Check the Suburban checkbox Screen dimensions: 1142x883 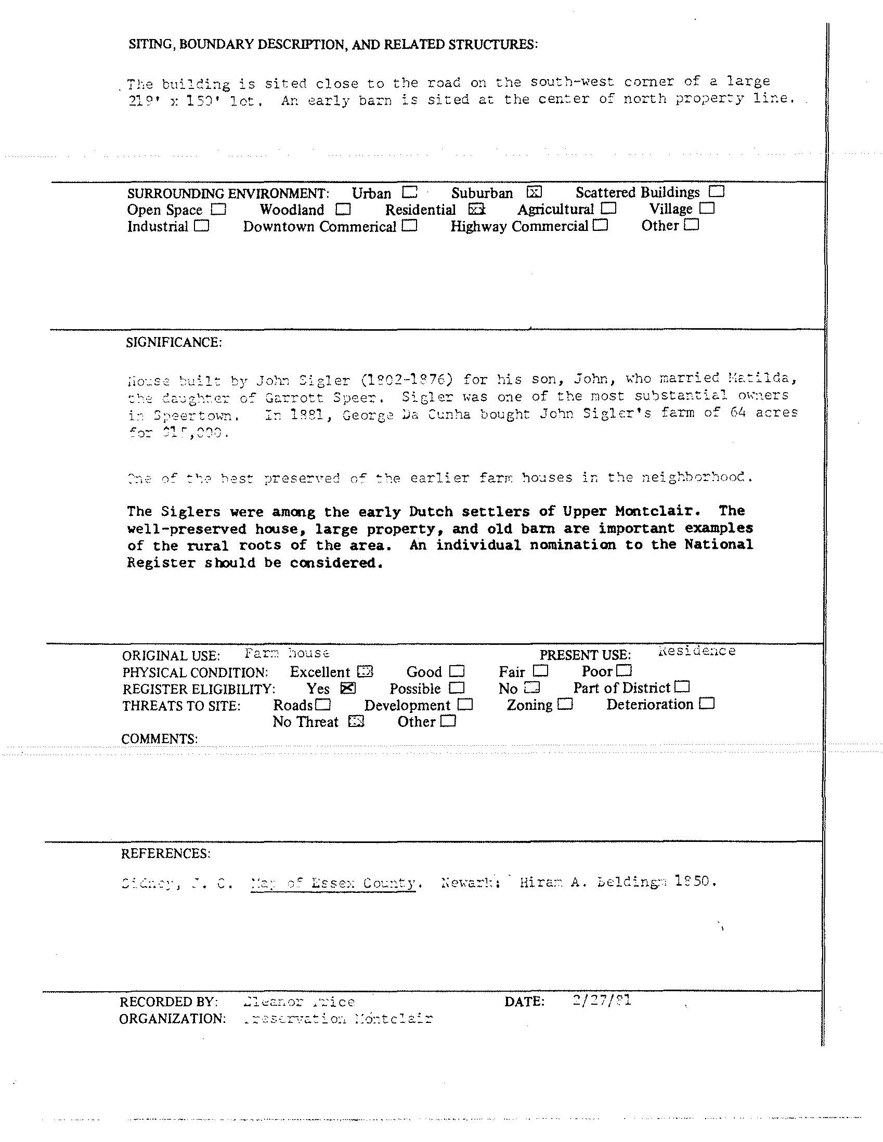click(x=534, y=192)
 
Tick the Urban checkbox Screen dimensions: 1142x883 click(x=410, y=192)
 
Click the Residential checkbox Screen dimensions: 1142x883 click(x=476, y=209)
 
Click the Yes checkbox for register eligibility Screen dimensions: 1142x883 click(x=347, y=688)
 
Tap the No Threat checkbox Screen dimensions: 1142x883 click(x=356, y=722)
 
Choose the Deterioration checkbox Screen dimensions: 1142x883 click(x=707, y=704)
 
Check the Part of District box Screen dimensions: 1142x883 click(x=682, y=686)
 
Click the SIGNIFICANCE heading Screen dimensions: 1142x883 click(x=174, y=343)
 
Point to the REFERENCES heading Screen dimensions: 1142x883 click(x=166, y=854)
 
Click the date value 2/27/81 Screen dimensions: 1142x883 click(x=602, y=1001)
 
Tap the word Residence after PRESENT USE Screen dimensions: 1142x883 click(x=697, y=651)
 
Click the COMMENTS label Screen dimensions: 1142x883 click(x=160, y=739)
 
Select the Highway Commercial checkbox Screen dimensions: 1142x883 click(x=601, y=225)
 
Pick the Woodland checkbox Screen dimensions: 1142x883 click(x=343, y=209)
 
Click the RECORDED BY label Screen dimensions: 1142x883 click(x=168, y=1002)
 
